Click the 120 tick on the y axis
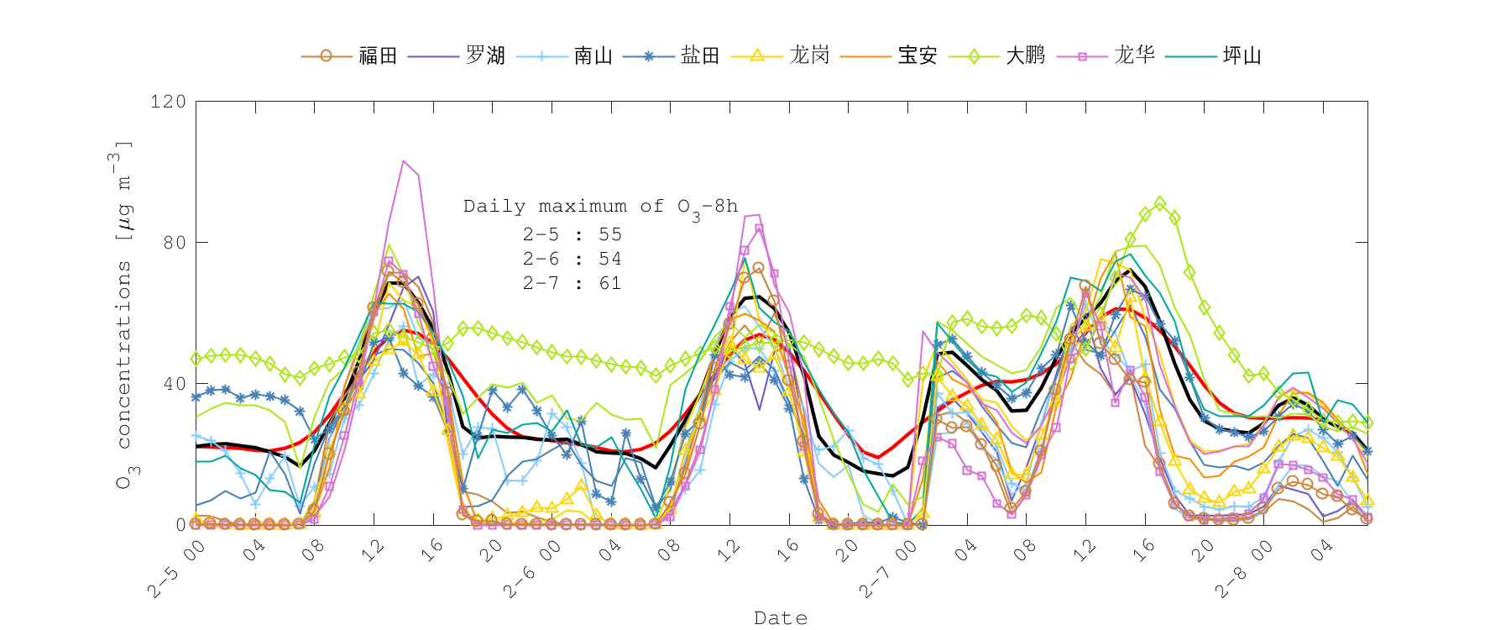point(168,102)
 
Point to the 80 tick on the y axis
point(175,243)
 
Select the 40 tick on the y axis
point(175,384)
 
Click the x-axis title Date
point(781,618)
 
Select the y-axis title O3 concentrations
point(123,315)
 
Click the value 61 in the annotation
point(610,283)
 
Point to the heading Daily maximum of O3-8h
point(601,207)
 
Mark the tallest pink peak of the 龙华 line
point(404,160)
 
